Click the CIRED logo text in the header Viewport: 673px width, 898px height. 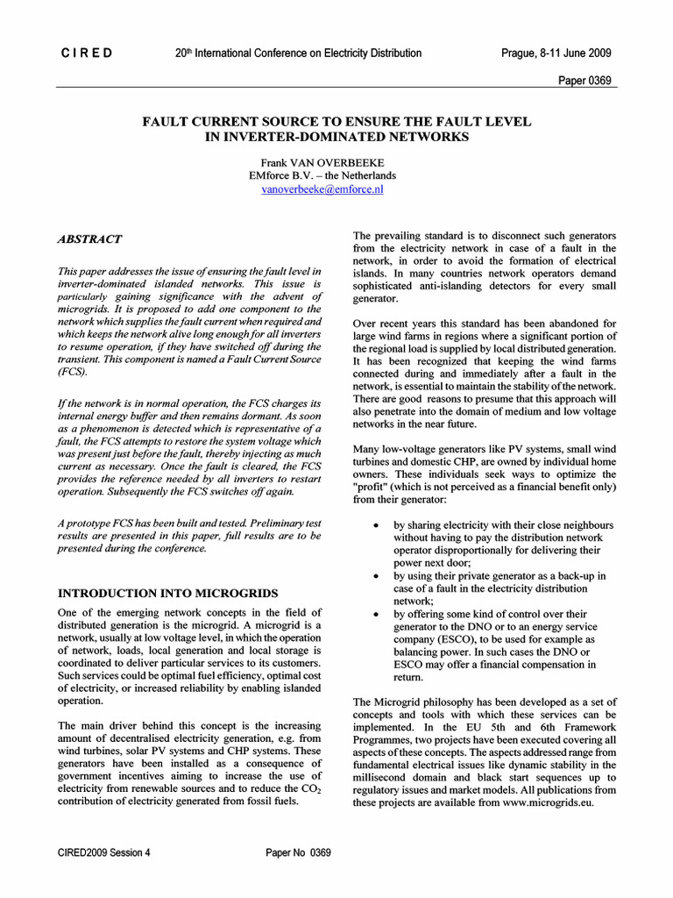coord(87,53)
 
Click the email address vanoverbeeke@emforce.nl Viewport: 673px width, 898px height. coord(322,188)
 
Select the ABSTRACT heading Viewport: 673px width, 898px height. coord(89,239)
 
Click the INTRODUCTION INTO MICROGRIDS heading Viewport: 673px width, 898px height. coord(167,593)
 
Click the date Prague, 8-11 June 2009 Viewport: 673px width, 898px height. coord(556,53)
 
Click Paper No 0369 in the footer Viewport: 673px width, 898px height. coord(298,853)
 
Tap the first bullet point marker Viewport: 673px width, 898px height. coord(376,525)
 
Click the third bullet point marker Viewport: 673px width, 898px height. coord(376,615)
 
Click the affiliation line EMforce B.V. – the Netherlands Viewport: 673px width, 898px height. coord(322,175)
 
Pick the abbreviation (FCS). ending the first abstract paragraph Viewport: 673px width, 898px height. coord(73,372)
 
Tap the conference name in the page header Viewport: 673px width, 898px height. coord(299,53)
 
